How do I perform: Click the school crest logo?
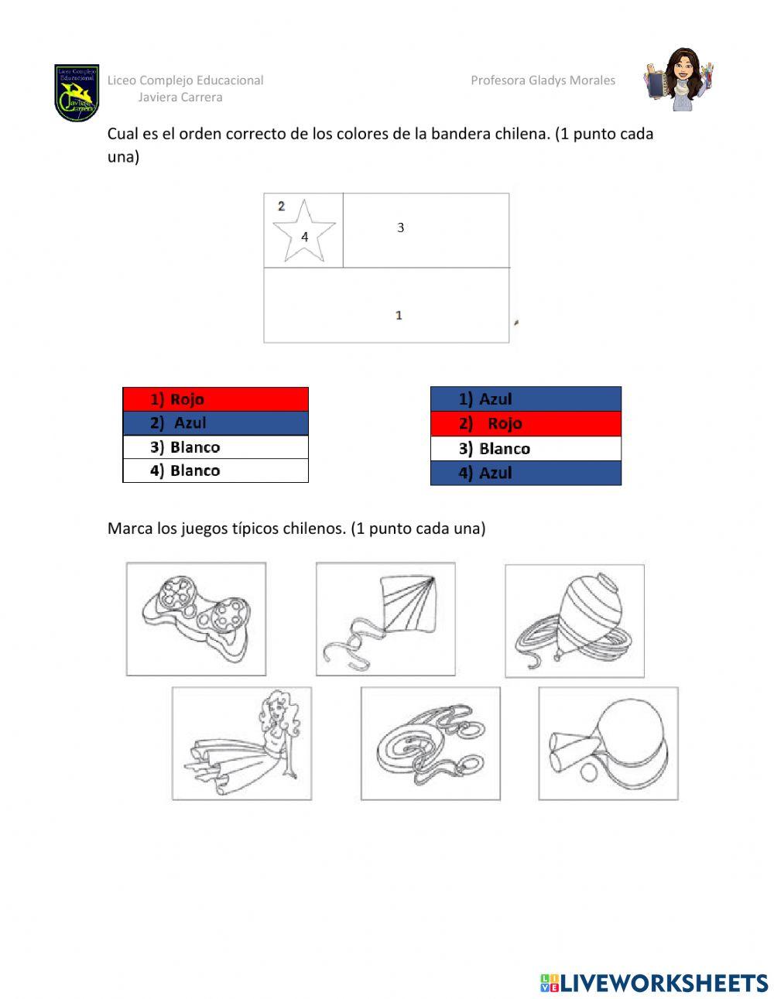click(77, 93)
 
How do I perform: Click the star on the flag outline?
click(303, 231)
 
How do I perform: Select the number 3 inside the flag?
click(400, 228)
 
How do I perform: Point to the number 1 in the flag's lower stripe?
click(399, 315)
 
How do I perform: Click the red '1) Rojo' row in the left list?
click(215, 399)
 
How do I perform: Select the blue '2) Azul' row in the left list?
click(215, 423)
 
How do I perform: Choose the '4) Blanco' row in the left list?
click(215, 470)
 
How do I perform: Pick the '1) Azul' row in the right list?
click(526, 399)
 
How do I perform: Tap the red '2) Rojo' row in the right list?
click(526, 423)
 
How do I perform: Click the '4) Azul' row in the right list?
click(526, 473)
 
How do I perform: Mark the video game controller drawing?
click(196, 619)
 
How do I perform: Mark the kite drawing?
click(385, 619)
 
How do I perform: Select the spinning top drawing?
click(574, 621)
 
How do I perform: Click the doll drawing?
click(241, 744)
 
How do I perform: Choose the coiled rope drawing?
click(430, 744)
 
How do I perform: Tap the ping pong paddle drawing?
click(608, 744)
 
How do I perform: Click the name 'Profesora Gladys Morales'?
click(543, 80)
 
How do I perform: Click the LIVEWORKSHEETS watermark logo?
click(653, 983)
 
